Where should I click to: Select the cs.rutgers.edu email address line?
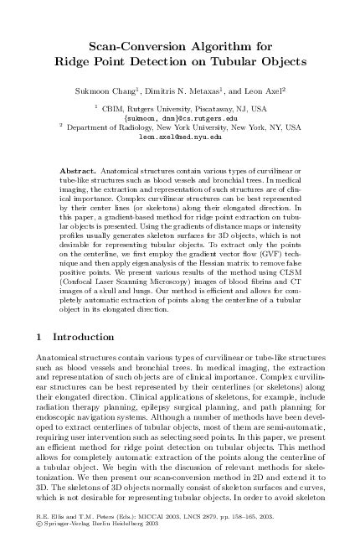coord(179,117)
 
